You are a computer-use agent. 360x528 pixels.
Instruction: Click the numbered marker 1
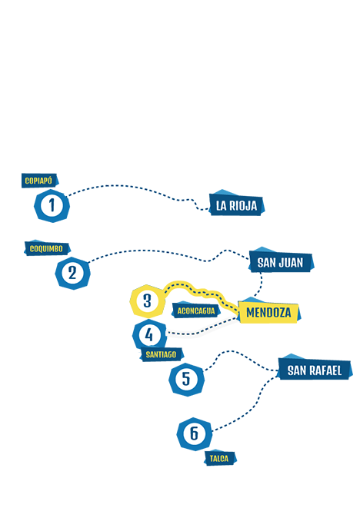click(52, 205)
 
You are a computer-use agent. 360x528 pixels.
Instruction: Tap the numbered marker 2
click(72, 273)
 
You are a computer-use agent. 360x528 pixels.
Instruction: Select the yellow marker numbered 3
click(147, 301)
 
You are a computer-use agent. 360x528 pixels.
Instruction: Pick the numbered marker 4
click(149, 335)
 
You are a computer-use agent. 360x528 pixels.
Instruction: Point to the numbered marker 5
click(186, 379)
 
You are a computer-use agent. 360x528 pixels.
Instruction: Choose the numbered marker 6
click(195, 433)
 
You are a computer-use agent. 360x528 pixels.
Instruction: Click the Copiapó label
click(39, 181)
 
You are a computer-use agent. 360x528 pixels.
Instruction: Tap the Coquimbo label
click(47, 248)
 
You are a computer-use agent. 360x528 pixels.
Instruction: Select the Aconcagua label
click(196, 310)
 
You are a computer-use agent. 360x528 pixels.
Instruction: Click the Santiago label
click(162, 354)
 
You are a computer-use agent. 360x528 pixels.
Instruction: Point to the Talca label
click(220, 458)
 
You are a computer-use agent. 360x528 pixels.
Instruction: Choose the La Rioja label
click(236, 205)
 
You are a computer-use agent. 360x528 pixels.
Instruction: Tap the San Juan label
click(281, 262)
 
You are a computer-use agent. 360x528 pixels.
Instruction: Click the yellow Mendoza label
click(268, 312)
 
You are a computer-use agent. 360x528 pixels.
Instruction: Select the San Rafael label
click(315, 370)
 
